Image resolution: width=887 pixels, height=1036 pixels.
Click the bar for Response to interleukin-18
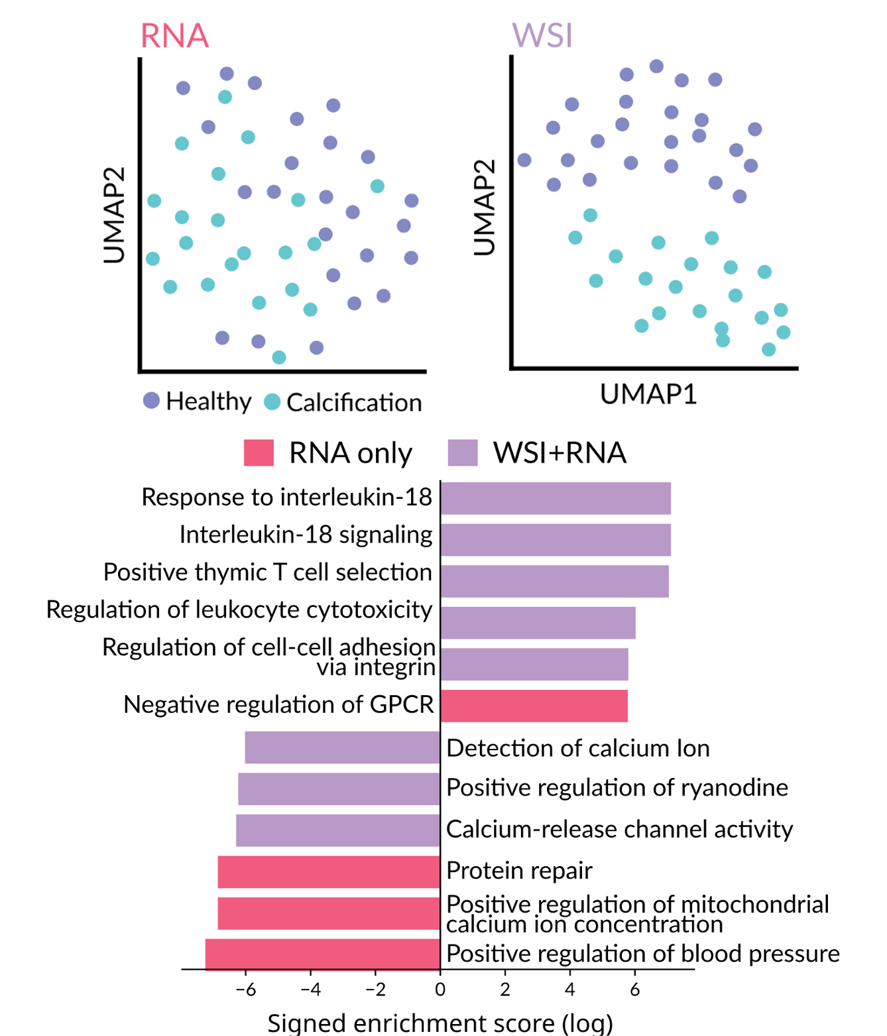click(556, 498)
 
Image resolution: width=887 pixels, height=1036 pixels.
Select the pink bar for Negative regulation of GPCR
click(534, 706)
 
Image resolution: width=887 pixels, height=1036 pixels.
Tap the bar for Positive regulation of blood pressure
click(323, 954)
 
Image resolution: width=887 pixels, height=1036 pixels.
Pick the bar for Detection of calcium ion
click(342, 747)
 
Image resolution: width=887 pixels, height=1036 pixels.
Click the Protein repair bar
click(329, 872)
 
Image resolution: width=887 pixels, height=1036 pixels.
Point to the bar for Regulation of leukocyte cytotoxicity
click(538, 623)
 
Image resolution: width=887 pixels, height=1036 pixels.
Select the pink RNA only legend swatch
click(259, 453)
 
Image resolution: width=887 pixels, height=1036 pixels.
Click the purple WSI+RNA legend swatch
click(463, 453)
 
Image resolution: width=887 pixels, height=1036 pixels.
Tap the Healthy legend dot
click(151, 401)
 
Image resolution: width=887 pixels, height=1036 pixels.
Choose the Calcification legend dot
click(272, 402)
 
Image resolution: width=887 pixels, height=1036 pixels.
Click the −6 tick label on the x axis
click(245, 990)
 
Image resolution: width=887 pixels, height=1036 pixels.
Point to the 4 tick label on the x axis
click(569, 990)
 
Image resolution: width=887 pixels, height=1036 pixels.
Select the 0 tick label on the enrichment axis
click(440, 990)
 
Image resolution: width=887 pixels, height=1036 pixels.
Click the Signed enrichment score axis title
click(440, 1023)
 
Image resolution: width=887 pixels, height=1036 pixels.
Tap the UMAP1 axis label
click(648, 394)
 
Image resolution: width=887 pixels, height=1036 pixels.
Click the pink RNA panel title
click(174, 36)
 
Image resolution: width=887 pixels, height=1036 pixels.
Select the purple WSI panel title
click(542, 35)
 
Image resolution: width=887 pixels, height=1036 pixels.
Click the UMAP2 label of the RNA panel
click(114, 215)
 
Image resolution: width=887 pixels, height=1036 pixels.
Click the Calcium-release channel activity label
click(619, 829)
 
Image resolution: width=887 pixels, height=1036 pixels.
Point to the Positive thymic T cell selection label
click(268, 572)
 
